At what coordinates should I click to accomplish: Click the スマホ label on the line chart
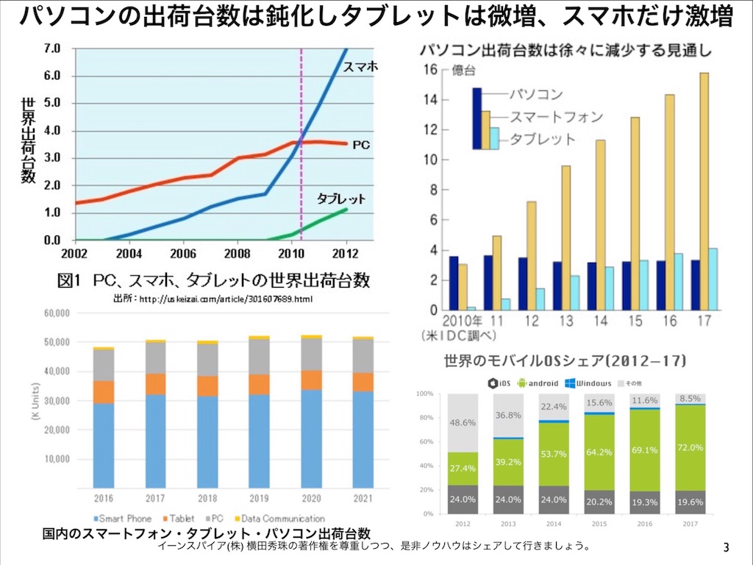click(x=360, y=66)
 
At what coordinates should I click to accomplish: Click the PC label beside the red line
click(x=360, y=146)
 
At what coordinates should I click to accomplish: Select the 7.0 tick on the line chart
click(x=52, y=49)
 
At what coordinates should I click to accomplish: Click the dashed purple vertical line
click(x=301, y=147)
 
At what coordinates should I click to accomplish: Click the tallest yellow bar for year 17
click(x=704, y=191)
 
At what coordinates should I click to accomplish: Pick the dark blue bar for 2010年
click(x=454, y=283)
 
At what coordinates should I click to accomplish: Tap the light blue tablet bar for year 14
click(x=609, y=288)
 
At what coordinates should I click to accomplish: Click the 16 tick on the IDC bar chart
click(x=430, y=70)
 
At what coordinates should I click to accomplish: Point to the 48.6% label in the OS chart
click(x=462, y=424)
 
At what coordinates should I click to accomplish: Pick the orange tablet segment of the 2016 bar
click(x=104, y=391)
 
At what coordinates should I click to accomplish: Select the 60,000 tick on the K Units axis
click(x=53, y=313)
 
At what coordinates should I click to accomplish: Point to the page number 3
click(x=727, y=548)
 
